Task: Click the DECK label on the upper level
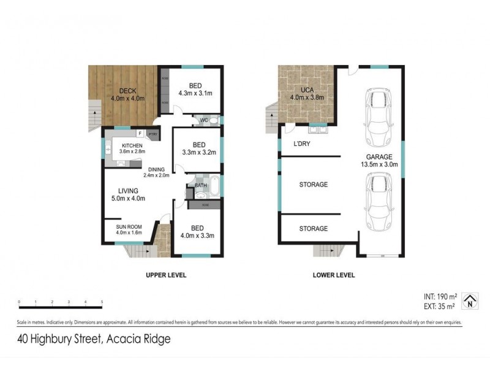(x=127, y=91)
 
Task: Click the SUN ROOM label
(x=129, y=226)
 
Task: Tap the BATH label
(x=201, y=185)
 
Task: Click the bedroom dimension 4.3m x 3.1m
(x=195, y=94)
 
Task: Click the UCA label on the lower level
(x=300, y=90)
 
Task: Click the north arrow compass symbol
(x=469, y=299)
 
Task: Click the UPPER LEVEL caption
(x=165, y=275)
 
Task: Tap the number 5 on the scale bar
(x=102, y=302)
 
